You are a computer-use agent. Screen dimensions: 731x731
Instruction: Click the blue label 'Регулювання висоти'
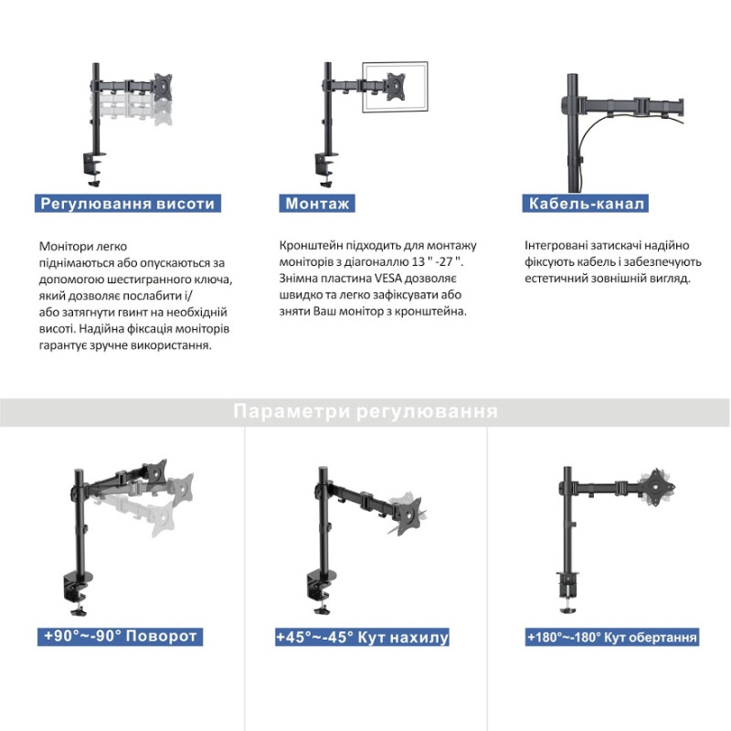point(127,203)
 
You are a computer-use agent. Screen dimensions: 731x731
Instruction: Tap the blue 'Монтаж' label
point(317,203)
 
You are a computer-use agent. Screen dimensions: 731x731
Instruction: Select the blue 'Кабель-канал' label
point(586,203)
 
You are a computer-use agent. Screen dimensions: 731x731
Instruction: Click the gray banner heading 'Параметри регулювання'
point(365,412)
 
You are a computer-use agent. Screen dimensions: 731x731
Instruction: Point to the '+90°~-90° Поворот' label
point(121,636)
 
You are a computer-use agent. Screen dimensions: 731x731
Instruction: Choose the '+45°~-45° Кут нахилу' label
point(362,637)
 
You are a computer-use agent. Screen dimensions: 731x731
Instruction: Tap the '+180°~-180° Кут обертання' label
point(611,637)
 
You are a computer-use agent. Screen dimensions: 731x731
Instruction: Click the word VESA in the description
point(388,279)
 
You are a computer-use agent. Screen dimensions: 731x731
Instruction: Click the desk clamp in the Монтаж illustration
point(325,170)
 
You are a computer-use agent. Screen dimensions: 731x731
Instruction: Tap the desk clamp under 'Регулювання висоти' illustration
point(94,170)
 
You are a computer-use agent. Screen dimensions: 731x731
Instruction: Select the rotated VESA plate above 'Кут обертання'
point(658,488)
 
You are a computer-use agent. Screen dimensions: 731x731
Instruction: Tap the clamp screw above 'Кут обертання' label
point(567,605)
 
